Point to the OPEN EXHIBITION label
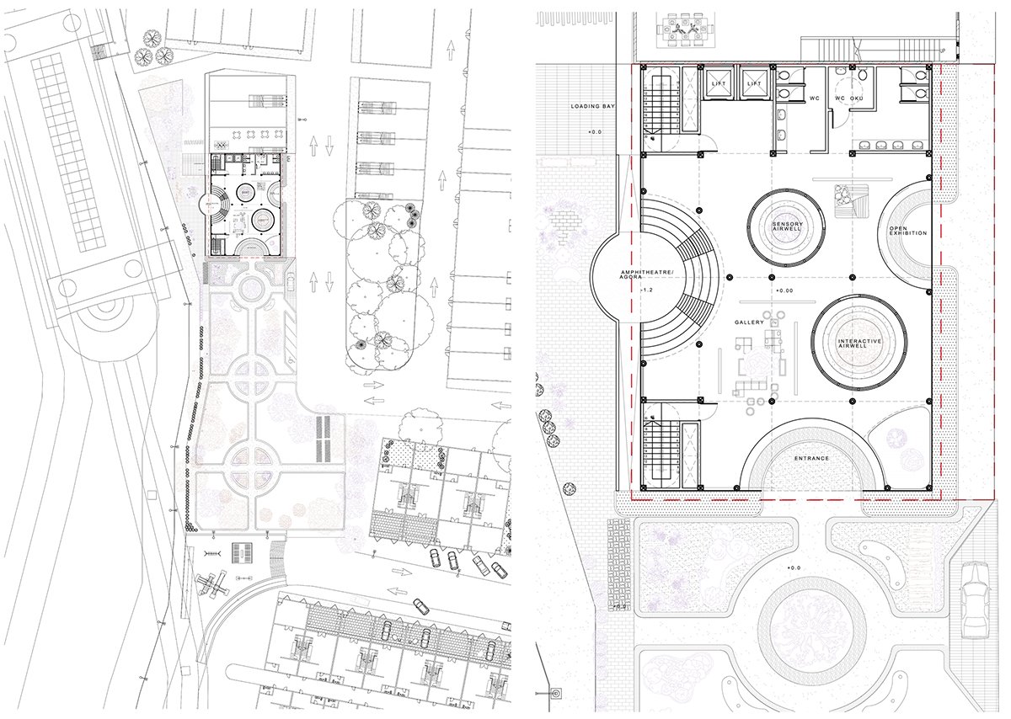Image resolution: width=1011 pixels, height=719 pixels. (x=907, y=230)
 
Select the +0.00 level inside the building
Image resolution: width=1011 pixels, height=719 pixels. (x=784, y=290)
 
